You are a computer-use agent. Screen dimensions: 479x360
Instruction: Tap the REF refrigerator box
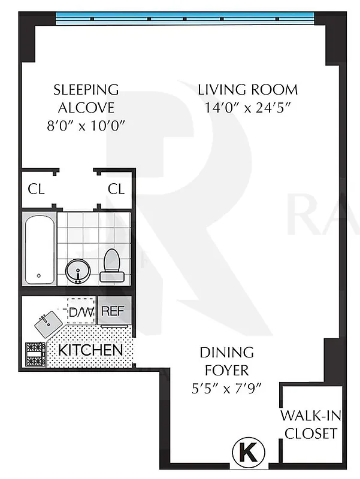(x=112, y=311)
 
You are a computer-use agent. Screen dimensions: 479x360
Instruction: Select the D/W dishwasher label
(x=80, y=312)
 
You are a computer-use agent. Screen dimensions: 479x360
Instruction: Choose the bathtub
(x=40, y=250)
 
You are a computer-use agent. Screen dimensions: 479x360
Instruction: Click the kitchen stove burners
(x=34, y=354)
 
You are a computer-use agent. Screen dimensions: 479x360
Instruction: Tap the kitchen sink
(x=48, y=325)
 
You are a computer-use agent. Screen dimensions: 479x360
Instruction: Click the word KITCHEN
(x=90, y=350)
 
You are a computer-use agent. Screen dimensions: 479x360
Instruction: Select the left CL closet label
(x=37, y=189)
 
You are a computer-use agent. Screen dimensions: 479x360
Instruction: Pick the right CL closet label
(x=116, y=189)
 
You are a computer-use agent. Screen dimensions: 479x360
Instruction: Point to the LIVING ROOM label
(x=248, y=90)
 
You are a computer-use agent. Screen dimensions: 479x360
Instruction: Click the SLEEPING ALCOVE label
(x=86, y=99)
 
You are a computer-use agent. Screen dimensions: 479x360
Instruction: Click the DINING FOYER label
(x=226, y=361)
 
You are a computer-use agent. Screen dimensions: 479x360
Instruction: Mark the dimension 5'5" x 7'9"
(x=226, y=387)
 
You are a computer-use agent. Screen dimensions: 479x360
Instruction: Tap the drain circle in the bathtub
(x=39, y=276)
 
